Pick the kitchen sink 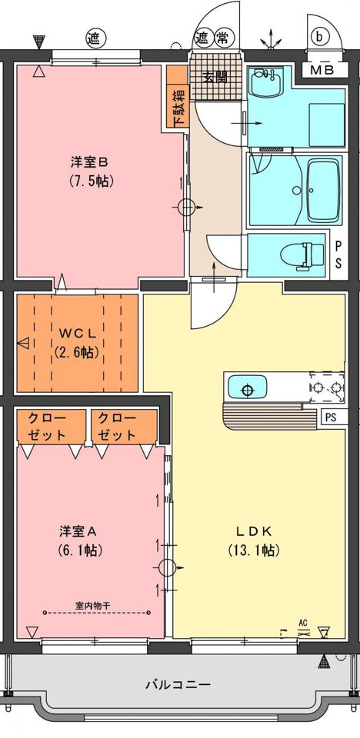point(246,388)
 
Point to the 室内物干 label point(92,604)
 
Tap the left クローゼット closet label point(47,426)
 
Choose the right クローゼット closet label point(118,426)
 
